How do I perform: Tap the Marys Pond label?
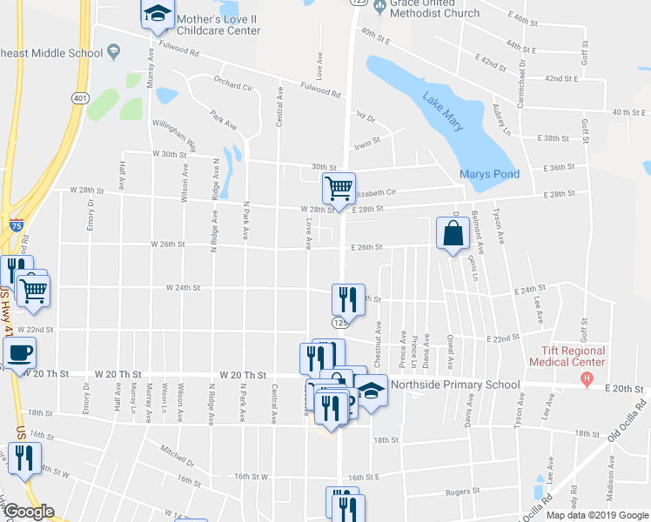point(489,174)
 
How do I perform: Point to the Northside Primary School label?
point(455,385)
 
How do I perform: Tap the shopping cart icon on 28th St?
point(339,187)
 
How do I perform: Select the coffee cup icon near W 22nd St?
point(19,351)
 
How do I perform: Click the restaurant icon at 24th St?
point(348,299)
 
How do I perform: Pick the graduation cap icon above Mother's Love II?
point(157,13)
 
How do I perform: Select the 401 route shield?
point(80,98)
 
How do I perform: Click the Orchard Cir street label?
point(232,87)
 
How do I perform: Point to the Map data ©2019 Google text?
point(596,514)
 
